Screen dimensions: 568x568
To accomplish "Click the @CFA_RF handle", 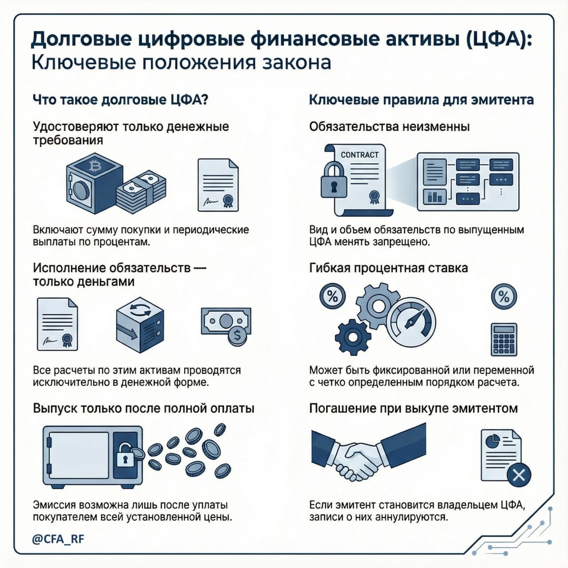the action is click(58, 539).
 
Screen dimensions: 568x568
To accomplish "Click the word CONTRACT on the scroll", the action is click(360, 155).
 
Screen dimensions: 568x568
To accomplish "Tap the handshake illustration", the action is click(360, 454).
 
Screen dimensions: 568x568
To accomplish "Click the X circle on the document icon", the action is click(518, 475).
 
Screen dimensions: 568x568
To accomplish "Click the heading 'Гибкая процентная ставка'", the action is click(388, 268).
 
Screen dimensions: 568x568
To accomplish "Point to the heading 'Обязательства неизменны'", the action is click(389, 127).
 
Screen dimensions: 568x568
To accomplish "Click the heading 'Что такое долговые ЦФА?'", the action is click(121, 100).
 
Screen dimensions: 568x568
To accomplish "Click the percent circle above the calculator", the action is click(504, 297).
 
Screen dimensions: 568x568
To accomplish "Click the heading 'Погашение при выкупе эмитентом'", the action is click(413, 408).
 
